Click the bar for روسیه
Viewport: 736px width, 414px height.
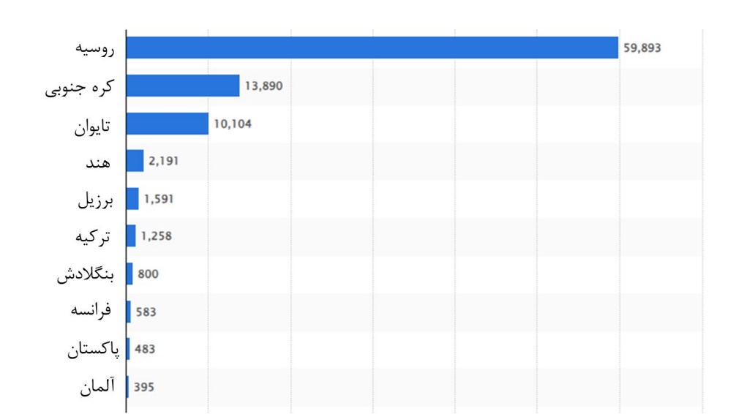click(x=372, y=48)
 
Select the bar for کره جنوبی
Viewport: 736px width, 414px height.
click(x=183, y=86)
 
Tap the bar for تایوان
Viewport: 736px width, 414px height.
click(x=168, y=124)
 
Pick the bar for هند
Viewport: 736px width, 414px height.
click(x=135, y=161)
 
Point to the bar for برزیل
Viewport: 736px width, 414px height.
click(x=132, y=198)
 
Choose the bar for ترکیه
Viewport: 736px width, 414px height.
click(x=132, y=236)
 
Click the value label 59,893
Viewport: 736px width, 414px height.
click(x=642, y=48)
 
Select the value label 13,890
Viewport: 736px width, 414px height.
click(x=263, y=86)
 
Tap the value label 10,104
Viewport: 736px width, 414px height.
click(x=233, y=124)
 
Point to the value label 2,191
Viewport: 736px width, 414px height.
click(x=164, y=161)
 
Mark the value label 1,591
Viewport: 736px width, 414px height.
click(x=159, y=198)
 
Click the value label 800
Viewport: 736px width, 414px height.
click(x=148, y=274)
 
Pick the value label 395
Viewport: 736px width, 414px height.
click(x=144, y=387)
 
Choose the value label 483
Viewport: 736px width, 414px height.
click(x=145, y=350)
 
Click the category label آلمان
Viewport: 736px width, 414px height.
click(x=97, y=387)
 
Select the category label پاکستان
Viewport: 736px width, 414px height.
click(x=92, y=350)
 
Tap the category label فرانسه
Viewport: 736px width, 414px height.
click(x=91, y=311)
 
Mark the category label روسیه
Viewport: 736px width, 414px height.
click(x=96, y=49)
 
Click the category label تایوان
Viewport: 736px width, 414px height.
click(x=91, y=125)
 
